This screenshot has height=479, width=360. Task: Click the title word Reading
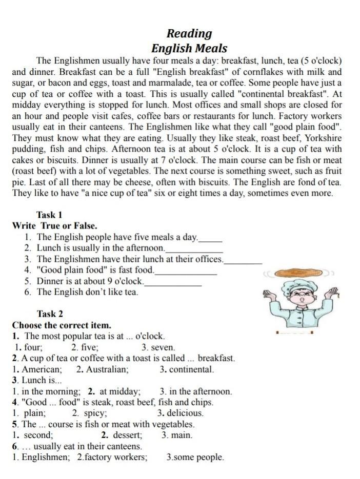[x=189, y=34]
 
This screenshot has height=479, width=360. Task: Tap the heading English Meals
[x=189, y=49]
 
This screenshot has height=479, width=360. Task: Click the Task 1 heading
[x=49, y=215]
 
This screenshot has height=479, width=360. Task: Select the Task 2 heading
[x=50, y=314]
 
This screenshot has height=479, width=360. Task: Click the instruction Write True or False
[x=54, y=226]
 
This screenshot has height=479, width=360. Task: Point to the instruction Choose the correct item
[x=62, y=325]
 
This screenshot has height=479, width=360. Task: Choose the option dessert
[x=128, y=435]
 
